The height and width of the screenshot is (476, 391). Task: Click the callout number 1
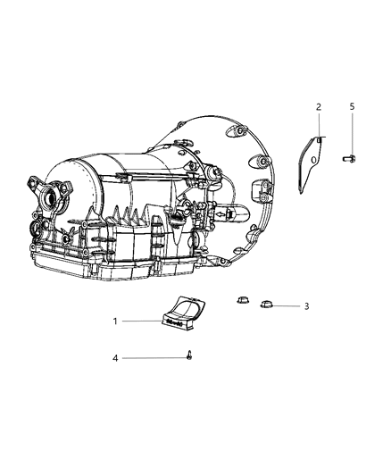(115, 321)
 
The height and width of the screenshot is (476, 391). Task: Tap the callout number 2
(318, 107)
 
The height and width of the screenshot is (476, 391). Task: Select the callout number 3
(306, 306)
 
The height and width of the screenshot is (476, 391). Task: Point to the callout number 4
(115, 358)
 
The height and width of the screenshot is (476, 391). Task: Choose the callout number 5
(352, 107)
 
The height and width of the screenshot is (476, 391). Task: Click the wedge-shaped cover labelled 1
(183, 313)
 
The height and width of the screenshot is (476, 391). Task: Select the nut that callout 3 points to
(266, 305)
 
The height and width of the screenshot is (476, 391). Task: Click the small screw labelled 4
(191, 355)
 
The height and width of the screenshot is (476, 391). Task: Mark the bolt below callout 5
(349, 158)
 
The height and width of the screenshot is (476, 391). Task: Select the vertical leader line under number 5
(352, 132)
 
